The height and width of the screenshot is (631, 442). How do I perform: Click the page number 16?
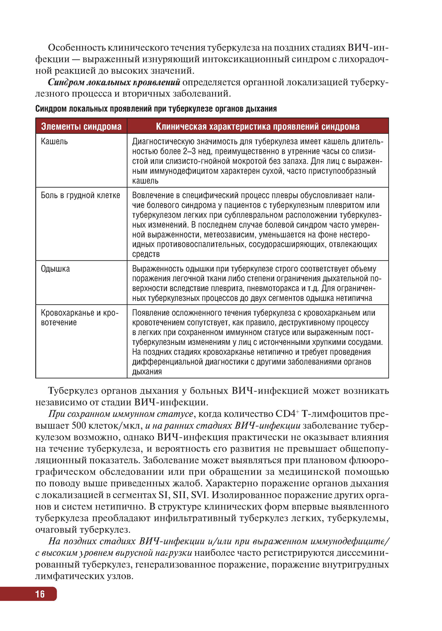40,594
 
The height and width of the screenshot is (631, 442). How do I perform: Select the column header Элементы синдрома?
81,127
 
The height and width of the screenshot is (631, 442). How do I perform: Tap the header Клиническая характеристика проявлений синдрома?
257,127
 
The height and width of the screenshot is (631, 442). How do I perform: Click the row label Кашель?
54,142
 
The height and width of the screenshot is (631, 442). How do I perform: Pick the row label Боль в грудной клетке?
80,196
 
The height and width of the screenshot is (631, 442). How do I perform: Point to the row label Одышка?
55,269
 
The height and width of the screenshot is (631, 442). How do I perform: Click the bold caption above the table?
156,109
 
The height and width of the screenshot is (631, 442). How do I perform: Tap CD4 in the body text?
286,414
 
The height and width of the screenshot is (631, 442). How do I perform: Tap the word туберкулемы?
358,518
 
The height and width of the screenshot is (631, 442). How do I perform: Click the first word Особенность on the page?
76,48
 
